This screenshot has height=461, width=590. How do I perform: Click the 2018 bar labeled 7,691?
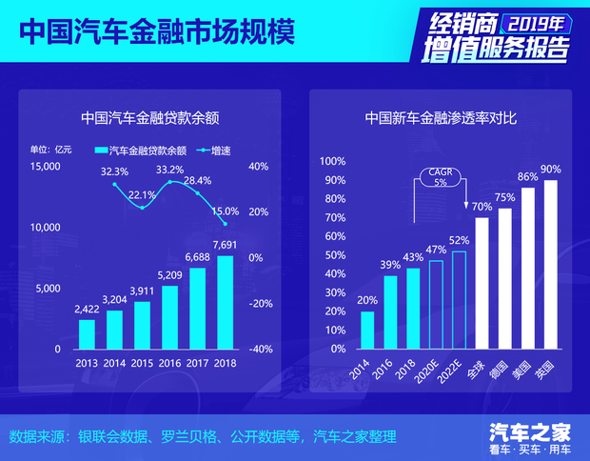pos(225,302)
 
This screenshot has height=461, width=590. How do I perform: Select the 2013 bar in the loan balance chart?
pos(87,333)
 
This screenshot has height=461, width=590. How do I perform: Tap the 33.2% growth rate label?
pos(169,170)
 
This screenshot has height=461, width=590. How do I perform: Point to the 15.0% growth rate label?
pos(226,210)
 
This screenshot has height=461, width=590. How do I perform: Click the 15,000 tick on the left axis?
pos(45,167)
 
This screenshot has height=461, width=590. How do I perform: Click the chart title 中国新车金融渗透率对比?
pos(441,119)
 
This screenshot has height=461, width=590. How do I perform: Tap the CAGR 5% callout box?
pos(440,178)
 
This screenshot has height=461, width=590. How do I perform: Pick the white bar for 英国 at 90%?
pos(550,264)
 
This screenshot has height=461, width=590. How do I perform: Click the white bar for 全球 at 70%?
pos(482,283)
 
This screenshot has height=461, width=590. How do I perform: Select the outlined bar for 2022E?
pos(459,299)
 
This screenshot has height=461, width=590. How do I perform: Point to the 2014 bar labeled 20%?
pos(367,330)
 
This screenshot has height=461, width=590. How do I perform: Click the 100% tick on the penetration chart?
pos(332,161)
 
